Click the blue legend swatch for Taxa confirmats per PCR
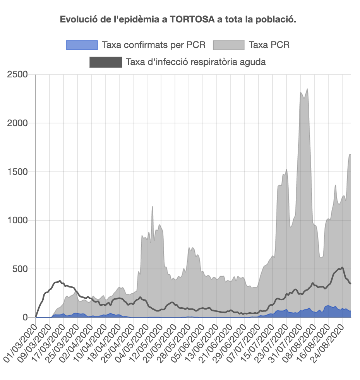[82, 45]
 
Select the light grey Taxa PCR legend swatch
[229, 45]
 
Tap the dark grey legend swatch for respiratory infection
[105, 62]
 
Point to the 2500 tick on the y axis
[17, 74]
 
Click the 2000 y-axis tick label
[17, 123]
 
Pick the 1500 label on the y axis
[17, 172]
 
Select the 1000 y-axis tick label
[17, 221]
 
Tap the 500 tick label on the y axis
[20, 269]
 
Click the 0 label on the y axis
[26, 318]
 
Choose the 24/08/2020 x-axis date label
[328, 343]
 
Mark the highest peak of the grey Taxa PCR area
[307, 89]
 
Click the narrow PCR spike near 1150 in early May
[153, 207]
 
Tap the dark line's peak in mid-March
[60, 281]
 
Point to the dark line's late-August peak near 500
[342, 267]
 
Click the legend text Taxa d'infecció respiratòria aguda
[195, 62]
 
